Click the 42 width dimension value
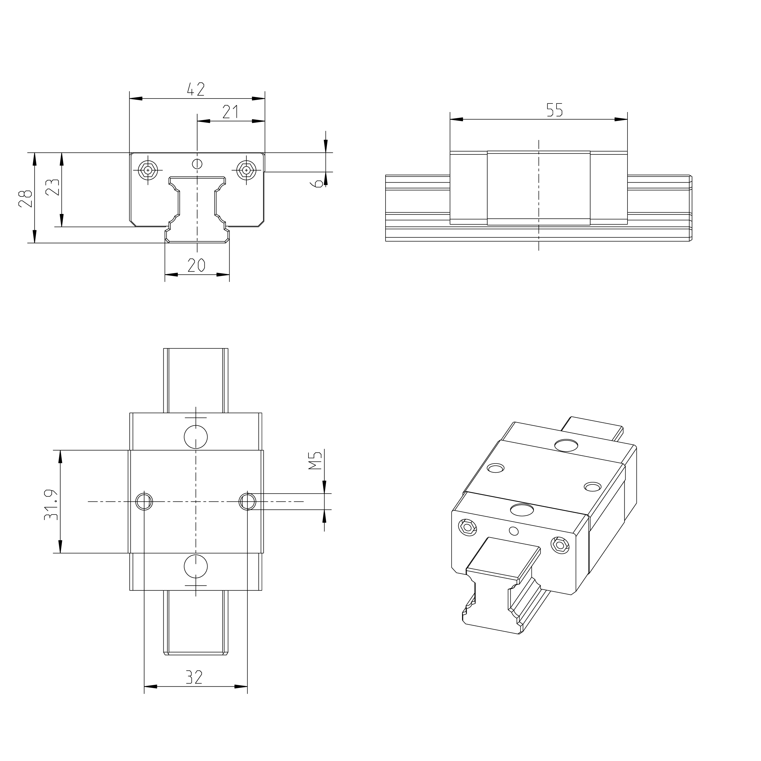196,89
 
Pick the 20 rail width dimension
196,266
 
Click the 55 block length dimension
555,110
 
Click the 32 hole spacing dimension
194,678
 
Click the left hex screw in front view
148,170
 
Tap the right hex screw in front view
246,170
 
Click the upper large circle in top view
196,437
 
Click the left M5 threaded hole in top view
144,501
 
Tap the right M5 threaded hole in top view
247,501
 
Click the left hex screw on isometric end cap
468,527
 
